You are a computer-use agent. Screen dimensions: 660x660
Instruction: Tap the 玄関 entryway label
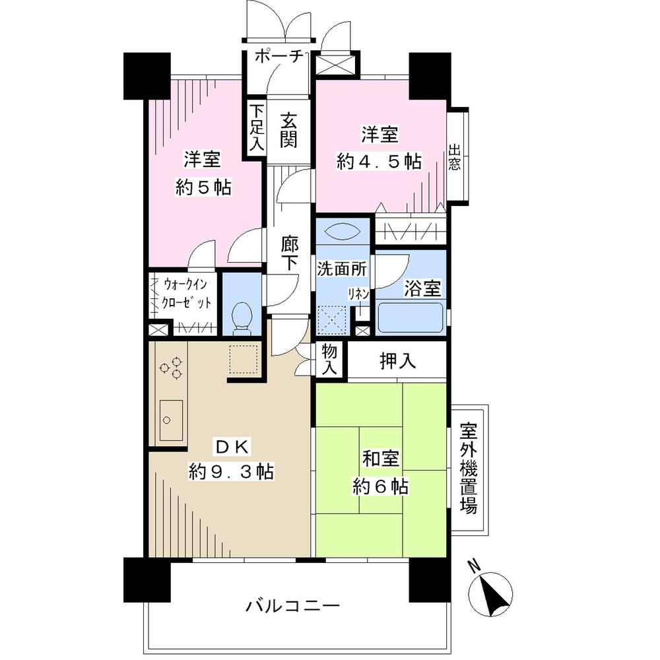pyautogui.click(x=288, y=130)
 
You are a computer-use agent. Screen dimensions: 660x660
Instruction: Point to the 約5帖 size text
pyautogui.click(x=203, y=187)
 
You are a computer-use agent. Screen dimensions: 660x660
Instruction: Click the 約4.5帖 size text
pyautogui.click(x=379, y=162)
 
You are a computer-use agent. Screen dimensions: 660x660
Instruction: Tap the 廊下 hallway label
pyautogui.click(x=288, y=253)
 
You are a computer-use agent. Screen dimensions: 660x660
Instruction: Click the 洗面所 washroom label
pyautogui.click(x=342, y=269)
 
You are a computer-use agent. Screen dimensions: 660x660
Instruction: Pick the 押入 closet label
pyautogui.click(x=397, y=360)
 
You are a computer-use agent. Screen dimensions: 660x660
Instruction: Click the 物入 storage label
pyautogui.click(x=329, y=360)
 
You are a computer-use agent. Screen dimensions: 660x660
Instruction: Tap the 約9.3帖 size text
pyautogui.click(x=231, y=471)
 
